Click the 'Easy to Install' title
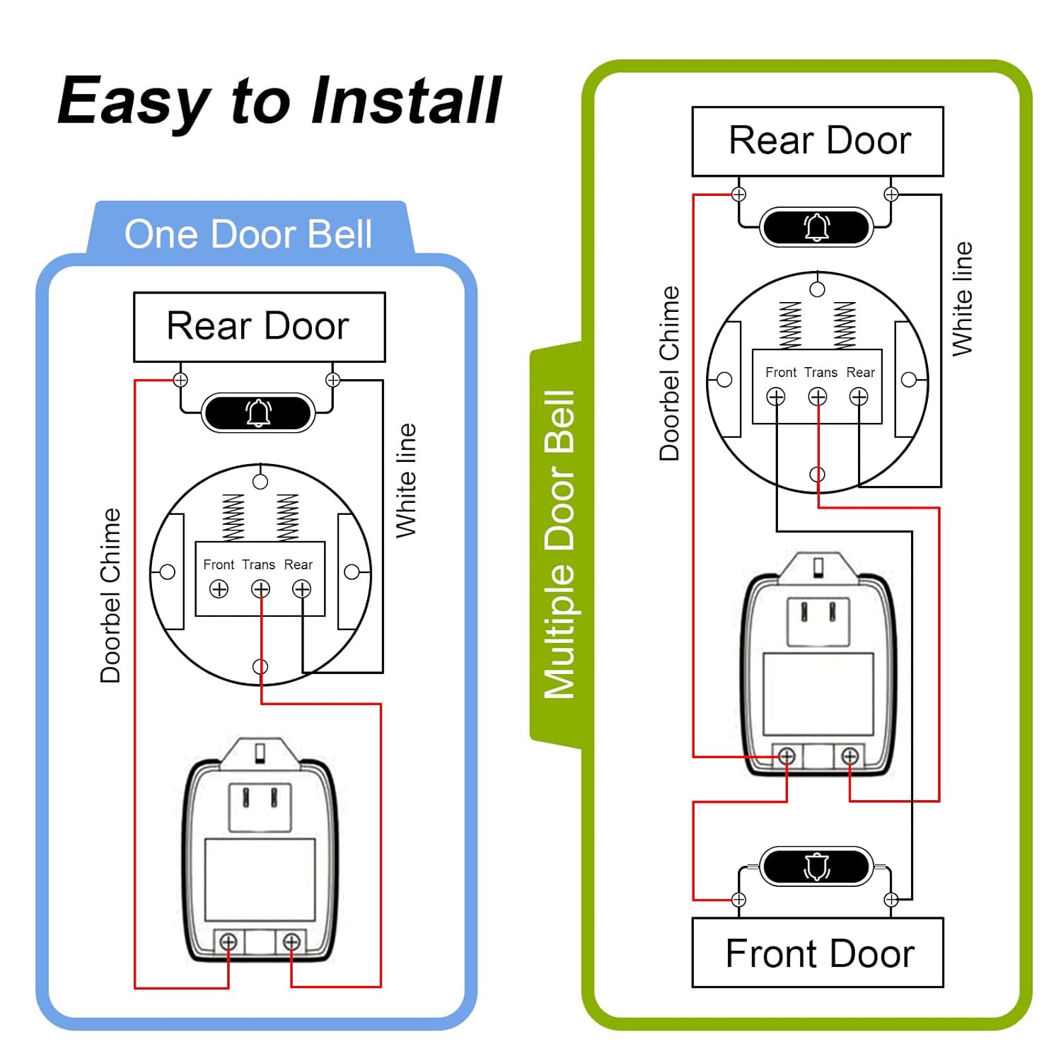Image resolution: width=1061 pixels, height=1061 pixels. [x=279, y=101]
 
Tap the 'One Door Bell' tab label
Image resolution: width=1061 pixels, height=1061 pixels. [x=248, y=234]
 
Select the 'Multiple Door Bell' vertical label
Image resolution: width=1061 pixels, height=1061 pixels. [x=560, y=544]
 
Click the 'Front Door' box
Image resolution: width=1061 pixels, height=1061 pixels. [x=818, y=952]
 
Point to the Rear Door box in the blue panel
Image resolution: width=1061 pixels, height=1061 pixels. [x=260, y=327]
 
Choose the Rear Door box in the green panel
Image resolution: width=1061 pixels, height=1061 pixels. [x=818, y=141]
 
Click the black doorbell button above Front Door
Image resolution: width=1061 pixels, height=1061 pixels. [x=816, y=866]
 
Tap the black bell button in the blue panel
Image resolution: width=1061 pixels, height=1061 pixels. [x=259, y=412]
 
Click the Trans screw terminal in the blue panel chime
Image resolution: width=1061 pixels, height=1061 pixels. [x=260, y=589]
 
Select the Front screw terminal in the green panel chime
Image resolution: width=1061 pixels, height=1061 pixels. [x=776, y=397]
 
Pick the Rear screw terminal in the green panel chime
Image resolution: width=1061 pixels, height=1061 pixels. [x=859, y=397]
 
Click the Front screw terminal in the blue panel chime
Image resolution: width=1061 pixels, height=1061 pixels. [x=219, y=589]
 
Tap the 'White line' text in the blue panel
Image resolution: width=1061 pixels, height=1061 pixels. [x=406, y=480]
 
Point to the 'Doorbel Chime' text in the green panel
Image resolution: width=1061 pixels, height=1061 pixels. [x=669, y=373]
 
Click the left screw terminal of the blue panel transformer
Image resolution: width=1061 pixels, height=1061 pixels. [x=228, y=941]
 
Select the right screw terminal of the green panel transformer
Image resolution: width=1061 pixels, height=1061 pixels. [x=850, y=756]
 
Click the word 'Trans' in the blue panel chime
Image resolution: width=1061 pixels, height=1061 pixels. [x=258, y=564]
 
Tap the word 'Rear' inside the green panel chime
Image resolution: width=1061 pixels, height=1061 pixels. [x=861, y=372]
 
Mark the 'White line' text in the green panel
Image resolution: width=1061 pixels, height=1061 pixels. [x=963, y=298]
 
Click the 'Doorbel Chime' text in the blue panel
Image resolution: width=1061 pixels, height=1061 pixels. [x=110, y=596]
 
